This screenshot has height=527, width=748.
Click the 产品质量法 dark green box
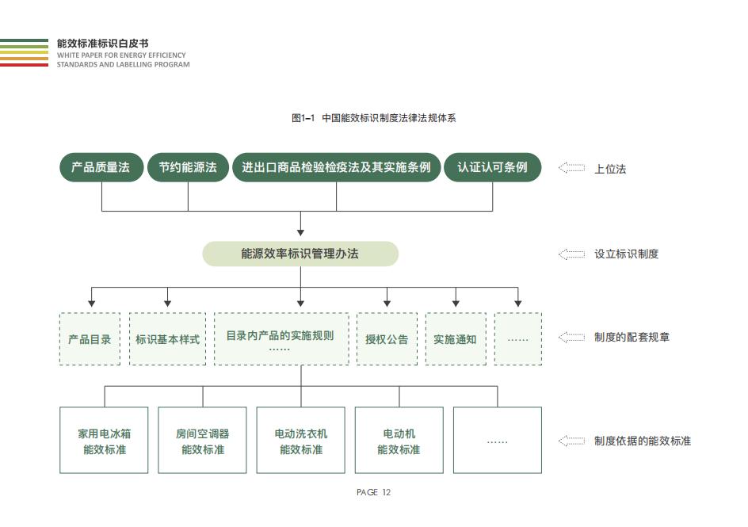(x=101, y=167)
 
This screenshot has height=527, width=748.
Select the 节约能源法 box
(x=188, y=167)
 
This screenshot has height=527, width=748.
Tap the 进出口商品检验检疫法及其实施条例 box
(x=336, y=167)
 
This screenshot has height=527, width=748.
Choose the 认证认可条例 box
(x=492, y=167)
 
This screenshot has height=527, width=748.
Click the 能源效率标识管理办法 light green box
(x=300, y=254)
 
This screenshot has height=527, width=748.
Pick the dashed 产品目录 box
(x=90, y=339)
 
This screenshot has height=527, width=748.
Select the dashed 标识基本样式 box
(x=167, y=339)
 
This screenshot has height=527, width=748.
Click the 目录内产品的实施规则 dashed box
(x=281, y=339)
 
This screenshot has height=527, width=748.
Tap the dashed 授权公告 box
(x=387, y=339)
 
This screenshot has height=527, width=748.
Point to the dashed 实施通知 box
(x=456, y=339)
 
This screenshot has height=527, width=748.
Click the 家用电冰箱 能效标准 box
(x=104, y=440)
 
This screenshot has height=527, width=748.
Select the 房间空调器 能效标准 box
(x=202, y=440)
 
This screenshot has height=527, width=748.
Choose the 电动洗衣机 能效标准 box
(x=300, y=440)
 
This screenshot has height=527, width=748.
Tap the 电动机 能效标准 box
(x=399, y=440)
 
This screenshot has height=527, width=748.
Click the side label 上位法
(x=610, y=169)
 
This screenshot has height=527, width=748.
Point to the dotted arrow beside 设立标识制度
(x=571, y=254)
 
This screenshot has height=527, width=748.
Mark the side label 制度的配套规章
(x=632, y=337)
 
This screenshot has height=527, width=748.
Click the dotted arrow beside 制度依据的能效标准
(x=571, y=441)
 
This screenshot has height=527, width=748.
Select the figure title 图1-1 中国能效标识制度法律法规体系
(x=373, y=118)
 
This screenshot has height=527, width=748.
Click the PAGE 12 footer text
(x=373, y=492)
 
